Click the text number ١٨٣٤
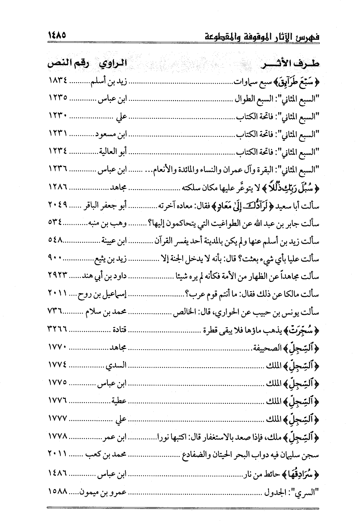58,82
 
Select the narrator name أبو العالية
113,153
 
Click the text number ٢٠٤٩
58,206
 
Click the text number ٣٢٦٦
58,330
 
